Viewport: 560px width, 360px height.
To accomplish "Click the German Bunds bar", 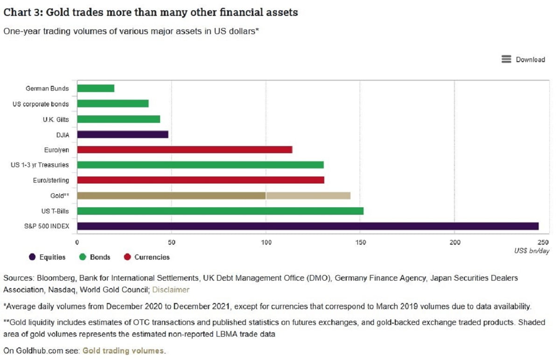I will pos(96,88).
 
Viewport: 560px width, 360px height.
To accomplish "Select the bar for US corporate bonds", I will pos(112,104).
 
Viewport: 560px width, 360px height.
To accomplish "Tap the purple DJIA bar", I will pos(122,134).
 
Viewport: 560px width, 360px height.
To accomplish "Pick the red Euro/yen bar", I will pos(184,149).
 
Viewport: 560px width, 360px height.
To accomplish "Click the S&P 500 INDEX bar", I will pos(308,226).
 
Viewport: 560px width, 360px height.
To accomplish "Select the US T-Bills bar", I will pos(220,211).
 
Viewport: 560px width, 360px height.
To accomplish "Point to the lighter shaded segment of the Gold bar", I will pos(308,196).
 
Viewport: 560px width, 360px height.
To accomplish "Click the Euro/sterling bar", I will pos(200,180).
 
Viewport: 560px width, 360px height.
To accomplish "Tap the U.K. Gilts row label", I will pos(56,119).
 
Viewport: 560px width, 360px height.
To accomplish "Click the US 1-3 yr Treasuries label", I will pos(40,165).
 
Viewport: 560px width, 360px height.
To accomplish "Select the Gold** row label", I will pos(60,196).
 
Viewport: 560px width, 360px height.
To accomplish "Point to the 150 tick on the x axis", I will pos(360,242).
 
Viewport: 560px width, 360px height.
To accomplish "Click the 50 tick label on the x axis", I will pos(171,242).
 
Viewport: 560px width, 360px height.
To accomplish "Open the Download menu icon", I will pos(506,59).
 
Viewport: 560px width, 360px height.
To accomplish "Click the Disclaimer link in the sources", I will pos(171,289).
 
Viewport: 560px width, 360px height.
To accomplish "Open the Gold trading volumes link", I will pos(123,351).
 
